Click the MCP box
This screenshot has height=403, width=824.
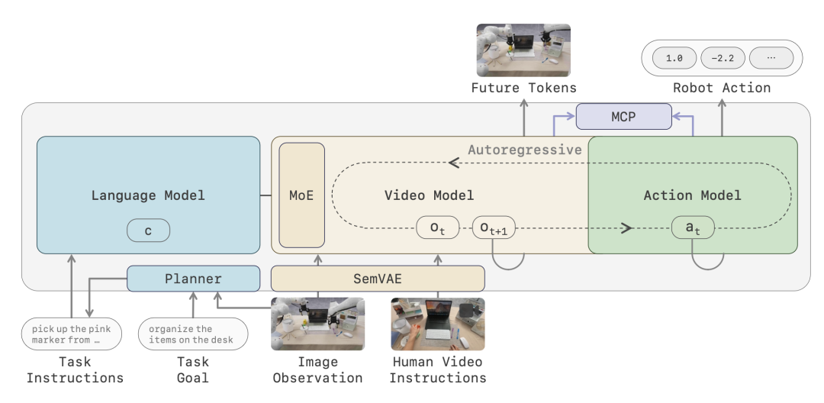point(624,116)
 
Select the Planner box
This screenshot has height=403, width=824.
point(193,279)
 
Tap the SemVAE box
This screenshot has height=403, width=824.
point(378,279)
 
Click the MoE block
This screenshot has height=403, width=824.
point(301,195)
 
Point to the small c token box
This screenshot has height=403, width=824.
point(148,231)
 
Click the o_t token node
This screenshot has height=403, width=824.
point(438,227)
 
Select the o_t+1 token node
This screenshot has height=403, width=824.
point(494,227)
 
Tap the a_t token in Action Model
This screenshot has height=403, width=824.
point(693,227)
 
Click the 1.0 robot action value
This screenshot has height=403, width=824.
point(674,58)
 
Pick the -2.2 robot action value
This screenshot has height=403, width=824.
point(723,58)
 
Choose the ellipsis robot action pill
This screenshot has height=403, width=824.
point(771,58)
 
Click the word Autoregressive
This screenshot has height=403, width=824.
point(524,150)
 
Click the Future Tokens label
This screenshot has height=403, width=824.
point(523,88)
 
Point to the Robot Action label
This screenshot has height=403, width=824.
point(722,88)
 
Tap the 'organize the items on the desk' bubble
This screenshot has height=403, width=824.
point(193,334)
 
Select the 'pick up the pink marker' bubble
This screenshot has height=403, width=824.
point(72,334)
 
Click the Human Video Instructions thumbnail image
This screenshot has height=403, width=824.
point(438,324)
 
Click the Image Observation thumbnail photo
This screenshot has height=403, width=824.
point(317,324)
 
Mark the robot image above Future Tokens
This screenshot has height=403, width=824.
point(523,50)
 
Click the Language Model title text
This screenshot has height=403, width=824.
point(148,195)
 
